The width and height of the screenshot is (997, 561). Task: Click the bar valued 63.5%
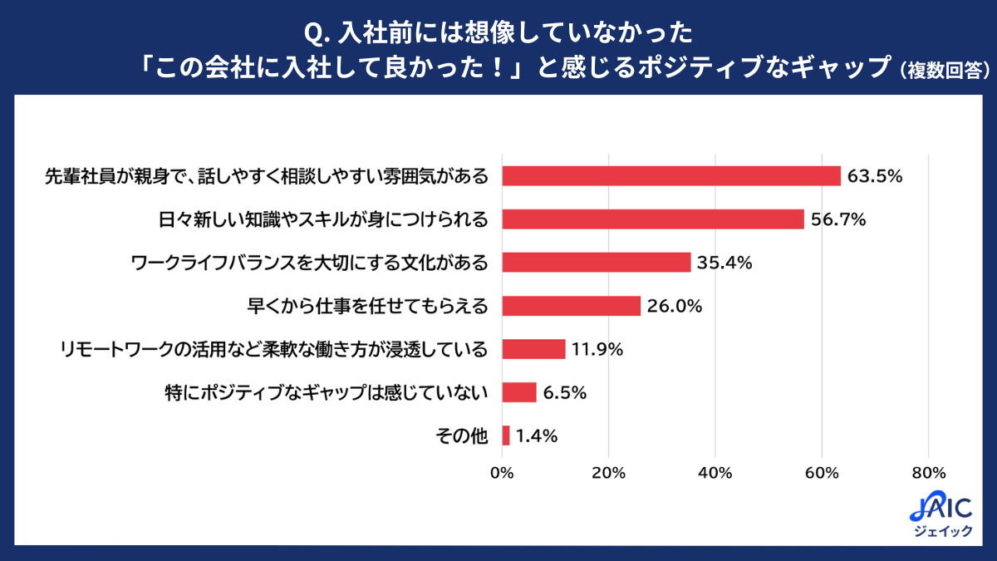tap(671, 176)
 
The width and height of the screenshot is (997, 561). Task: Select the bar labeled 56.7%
tap(653, 219)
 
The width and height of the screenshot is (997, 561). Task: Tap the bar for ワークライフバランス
tap(597, 263)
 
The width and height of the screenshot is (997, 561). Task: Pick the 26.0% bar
tap(572, 306)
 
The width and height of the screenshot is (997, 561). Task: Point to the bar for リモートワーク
tap(533, 349)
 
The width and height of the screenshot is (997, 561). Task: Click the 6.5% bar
tap(519, 392)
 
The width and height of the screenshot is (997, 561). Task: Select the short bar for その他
tap(506, 436)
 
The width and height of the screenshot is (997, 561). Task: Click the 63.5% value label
tap(874, 176)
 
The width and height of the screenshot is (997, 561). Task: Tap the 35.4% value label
tap(724, 263)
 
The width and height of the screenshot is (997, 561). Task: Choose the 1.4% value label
tap(536, 436)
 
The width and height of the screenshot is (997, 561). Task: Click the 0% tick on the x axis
tap(502, 473)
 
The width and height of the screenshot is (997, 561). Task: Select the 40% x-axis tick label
tap(715, 473)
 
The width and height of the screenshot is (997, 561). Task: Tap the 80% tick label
tap(928, 473)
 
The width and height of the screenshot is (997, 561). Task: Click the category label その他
tap(461, 436)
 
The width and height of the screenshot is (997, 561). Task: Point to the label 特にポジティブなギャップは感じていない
tap(327, 392)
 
